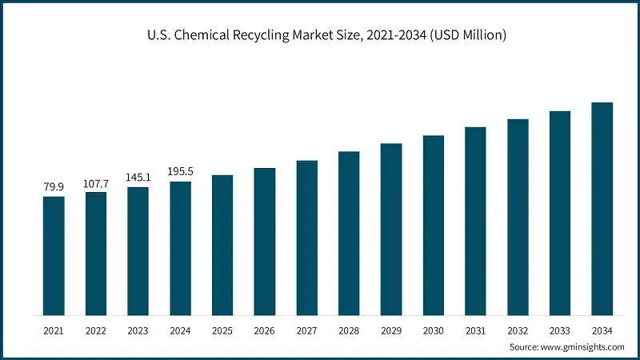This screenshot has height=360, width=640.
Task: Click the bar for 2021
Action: (x=54, y=255)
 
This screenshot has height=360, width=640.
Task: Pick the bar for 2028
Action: (x=349, y=233)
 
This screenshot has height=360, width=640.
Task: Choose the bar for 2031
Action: (x=475, y=221)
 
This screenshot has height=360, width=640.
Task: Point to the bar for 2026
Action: (x=265, y=241)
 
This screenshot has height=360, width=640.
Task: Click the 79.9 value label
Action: (x=54, y=187)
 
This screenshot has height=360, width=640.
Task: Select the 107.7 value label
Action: (x=96, y=183)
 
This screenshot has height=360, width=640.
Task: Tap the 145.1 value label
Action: (x=138, y=178)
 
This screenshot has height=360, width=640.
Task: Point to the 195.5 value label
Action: (x=180, y=172)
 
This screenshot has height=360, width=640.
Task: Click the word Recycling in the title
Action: (x=286, y=35)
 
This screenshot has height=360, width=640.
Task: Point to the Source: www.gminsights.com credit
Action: (x=566, y=346)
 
